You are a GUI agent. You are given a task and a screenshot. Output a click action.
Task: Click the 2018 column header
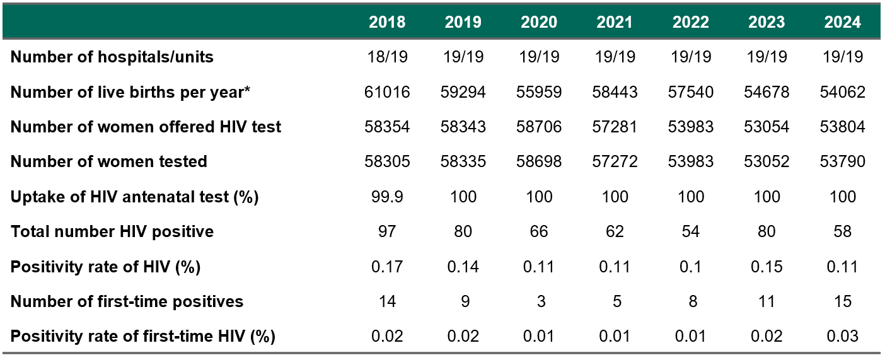[387, 22]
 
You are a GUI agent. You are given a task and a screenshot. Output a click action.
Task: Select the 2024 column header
[842, 22]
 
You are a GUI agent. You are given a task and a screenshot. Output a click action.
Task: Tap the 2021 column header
[615, 22]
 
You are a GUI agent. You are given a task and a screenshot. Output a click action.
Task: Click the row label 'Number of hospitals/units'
[112, 57]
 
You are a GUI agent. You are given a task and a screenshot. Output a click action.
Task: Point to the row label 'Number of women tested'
[109, 162]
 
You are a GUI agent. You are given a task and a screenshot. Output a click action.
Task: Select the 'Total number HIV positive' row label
[112, 232]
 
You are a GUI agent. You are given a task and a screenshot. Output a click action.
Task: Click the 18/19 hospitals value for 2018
[387, 57]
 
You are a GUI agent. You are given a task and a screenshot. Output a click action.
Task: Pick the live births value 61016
[387, 92]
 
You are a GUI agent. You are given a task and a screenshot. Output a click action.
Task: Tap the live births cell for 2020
[539, 92]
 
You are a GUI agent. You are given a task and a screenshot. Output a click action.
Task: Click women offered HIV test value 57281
[615, 127]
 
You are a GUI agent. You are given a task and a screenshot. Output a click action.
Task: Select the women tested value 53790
[842, 162]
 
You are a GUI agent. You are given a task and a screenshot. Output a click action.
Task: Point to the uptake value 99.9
[387, 197]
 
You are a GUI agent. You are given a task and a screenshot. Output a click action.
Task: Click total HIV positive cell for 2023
[766, 232]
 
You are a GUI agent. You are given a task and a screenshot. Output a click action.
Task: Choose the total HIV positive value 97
[387, 232]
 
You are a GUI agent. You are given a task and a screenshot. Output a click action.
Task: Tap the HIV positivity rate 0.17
[387, 267]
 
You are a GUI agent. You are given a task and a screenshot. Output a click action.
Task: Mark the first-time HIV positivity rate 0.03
[842, 337]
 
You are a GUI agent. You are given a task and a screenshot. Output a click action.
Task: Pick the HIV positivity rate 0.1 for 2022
[690, 267]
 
